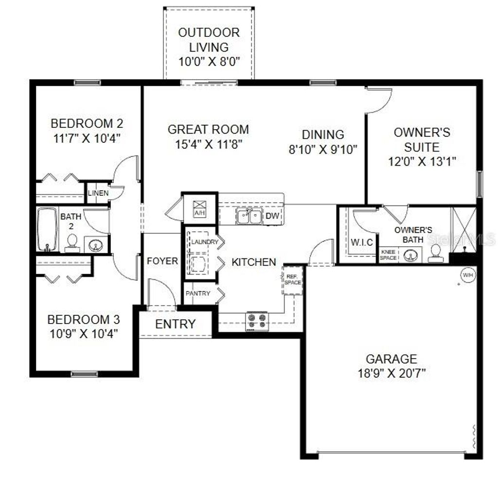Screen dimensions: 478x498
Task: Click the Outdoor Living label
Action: pos(209,40)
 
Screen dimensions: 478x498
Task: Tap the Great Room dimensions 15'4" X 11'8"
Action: pos(208,144)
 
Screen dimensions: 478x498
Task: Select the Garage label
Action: pos(391,359)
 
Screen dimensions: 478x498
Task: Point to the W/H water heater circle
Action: pos(467,275)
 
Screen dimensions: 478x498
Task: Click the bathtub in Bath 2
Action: pos(47,229)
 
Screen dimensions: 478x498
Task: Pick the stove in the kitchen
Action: pos(257,321)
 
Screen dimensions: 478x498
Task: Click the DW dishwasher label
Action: pos(273,216)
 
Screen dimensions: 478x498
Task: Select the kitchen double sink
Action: pos(249,216)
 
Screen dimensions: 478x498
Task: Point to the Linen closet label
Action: pos(98,193)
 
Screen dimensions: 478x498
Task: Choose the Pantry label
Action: pos(198,293)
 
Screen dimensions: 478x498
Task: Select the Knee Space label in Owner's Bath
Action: pos(388,255)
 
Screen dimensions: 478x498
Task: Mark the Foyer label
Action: pos(162,261)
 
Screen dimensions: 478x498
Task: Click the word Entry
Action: pos(175,324)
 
